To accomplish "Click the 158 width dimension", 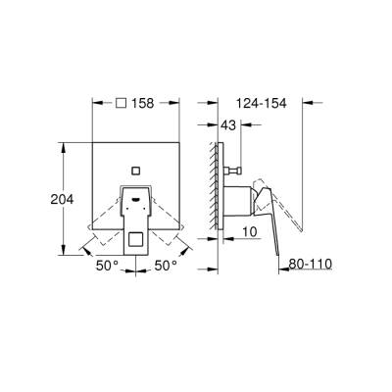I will tap(144, 101).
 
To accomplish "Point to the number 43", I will tap(228, 125).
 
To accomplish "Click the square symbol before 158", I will tap(120, 101).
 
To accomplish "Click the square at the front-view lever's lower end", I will tap(135, 236).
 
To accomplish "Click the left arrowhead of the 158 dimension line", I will tap(94, 101).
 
